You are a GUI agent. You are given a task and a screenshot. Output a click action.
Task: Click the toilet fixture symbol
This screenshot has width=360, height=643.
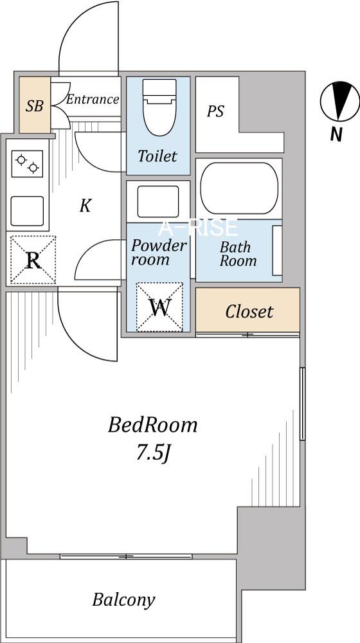[159, 107]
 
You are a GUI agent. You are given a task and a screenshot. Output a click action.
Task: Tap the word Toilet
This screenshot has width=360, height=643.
[157, 156]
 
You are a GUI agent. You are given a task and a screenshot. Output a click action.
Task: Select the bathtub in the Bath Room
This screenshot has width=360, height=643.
[239, 188]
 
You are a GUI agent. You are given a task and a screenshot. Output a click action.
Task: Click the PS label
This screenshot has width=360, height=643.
[215, 111]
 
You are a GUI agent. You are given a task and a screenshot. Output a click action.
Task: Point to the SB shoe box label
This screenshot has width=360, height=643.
[35, 106]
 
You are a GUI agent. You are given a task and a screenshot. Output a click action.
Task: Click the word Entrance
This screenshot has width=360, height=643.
[93, 99]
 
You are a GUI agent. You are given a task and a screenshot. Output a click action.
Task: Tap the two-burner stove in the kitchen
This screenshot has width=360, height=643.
[28, 163]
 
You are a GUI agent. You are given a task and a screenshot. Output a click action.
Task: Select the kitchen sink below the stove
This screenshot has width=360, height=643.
[27, 211]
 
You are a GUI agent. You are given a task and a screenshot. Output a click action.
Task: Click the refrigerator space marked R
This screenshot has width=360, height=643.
[33, 260]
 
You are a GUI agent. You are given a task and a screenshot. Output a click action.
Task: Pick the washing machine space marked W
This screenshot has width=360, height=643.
[159, 307]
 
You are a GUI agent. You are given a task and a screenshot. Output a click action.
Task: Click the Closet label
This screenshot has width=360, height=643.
[249, 312]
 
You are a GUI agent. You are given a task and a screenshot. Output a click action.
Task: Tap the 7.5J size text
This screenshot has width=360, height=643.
[153, 453]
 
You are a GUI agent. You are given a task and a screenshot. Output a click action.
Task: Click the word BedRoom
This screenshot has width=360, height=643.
[152, 425]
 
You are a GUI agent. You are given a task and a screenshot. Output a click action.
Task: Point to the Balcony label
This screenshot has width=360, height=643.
[124, 601]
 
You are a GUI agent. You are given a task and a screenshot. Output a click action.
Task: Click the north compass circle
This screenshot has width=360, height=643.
[340, 102]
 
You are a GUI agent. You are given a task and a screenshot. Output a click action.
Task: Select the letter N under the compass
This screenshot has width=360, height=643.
[336, 134]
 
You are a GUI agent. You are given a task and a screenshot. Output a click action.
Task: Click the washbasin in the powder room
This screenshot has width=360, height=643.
[158, 201]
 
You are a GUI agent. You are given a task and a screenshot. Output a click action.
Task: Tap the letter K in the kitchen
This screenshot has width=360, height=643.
[85, 206]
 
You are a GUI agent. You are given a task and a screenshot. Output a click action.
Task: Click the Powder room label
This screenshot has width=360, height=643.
[158, 253]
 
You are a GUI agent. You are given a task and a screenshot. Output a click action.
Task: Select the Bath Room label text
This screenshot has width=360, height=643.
[238, 254]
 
